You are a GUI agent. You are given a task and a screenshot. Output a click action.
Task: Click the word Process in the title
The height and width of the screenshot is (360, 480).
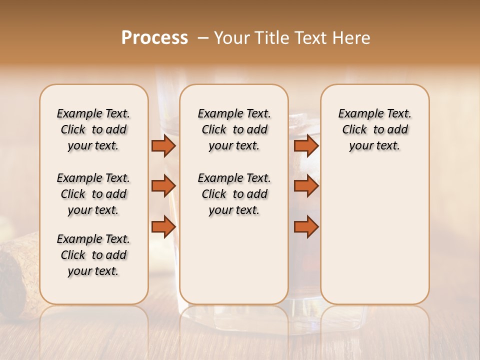154,38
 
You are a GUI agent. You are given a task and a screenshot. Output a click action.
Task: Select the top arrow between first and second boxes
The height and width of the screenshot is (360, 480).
163,145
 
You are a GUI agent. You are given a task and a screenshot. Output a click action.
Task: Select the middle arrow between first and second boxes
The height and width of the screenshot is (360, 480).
163,186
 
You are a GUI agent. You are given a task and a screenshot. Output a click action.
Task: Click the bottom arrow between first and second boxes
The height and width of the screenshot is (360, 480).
163,226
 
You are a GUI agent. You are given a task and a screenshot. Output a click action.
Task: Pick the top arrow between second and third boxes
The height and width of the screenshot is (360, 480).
306,145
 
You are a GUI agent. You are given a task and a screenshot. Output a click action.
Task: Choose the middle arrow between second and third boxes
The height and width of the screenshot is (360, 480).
306,186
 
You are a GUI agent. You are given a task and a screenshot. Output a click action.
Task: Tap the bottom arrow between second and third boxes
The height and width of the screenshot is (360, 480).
306,226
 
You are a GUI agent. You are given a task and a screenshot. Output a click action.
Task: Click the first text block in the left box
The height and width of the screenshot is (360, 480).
93,129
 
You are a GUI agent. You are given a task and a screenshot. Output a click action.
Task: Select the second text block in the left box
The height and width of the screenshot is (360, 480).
93,194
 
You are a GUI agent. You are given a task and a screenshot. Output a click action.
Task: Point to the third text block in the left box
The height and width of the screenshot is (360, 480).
93,255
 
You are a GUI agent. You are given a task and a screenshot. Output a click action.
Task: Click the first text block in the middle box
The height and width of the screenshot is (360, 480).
234,129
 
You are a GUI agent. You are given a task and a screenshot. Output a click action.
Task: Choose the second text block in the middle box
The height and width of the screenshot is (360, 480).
234,194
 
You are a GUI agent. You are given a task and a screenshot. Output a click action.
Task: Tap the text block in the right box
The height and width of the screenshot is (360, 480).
374,129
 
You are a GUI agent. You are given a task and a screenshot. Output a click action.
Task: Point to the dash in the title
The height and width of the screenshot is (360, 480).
203,38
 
